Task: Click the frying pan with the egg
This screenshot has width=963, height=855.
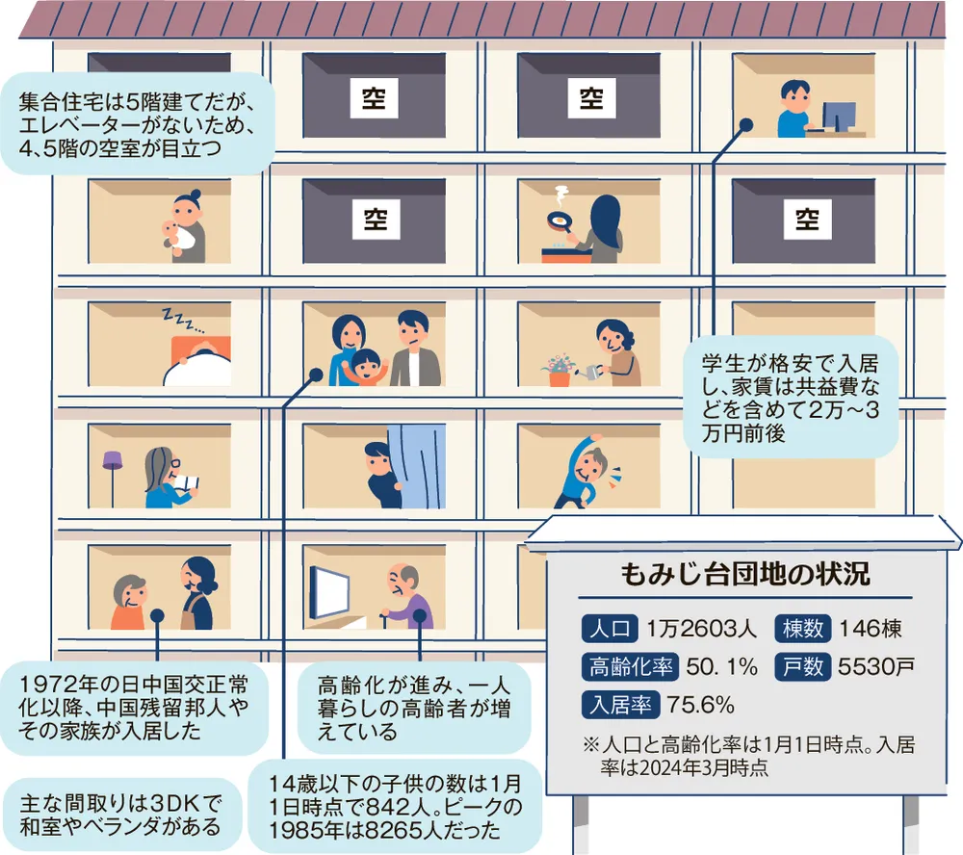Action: tap(559, 222)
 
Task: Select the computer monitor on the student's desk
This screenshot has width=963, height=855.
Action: tap(839, 117)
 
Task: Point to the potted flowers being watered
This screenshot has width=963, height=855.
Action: tap(559, 370)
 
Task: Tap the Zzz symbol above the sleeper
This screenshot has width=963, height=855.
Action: tap(182, 321)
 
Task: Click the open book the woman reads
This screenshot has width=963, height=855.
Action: tap(187, 482)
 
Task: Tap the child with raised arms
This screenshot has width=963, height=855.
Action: tap(365, 367)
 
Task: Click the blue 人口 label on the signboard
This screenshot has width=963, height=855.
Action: tap(610, 629)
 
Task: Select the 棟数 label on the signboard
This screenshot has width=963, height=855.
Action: tap(803, 629)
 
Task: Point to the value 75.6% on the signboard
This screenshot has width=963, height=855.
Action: tap(701, 705)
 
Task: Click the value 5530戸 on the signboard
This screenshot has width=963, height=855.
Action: tap(876, 666)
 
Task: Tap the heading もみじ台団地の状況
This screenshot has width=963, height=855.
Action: tap(745, 574)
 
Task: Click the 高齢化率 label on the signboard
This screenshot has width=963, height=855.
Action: tap(630, 667)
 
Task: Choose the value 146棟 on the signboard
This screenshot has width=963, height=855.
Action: tap(871, 629)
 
